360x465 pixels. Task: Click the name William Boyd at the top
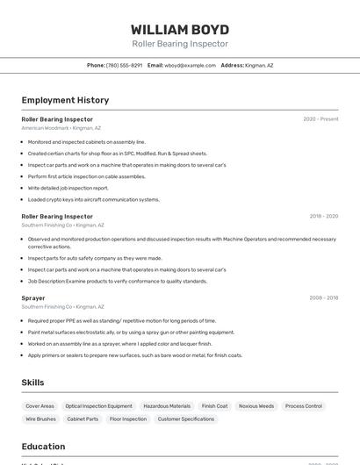[180, 29]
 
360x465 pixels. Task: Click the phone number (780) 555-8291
[124, 65]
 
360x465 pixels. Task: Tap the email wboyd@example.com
[191, 65]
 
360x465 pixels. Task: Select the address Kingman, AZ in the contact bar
[258, 65]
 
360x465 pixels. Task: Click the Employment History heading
[65, 100]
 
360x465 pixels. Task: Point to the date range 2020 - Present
[320, 119]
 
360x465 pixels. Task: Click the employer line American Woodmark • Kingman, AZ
[61, 128]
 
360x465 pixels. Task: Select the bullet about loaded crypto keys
[93, 199]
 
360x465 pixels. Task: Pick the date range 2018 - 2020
[323, 216]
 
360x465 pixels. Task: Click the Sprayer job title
[33, 298]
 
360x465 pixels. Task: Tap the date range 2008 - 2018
[323, 298]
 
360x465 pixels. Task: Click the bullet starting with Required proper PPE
[121, 320]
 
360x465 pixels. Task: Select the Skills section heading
[33, 383]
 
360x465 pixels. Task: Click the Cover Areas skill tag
[40, 406]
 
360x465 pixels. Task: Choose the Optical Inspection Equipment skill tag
[98, 406]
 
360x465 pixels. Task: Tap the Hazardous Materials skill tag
[167, 406]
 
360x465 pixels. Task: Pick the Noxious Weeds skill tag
[256, 406]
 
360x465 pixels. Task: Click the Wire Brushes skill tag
[40, 419]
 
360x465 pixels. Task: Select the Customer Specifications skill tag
[185, 419]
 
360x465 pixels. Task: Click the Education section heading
[43, 447]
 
